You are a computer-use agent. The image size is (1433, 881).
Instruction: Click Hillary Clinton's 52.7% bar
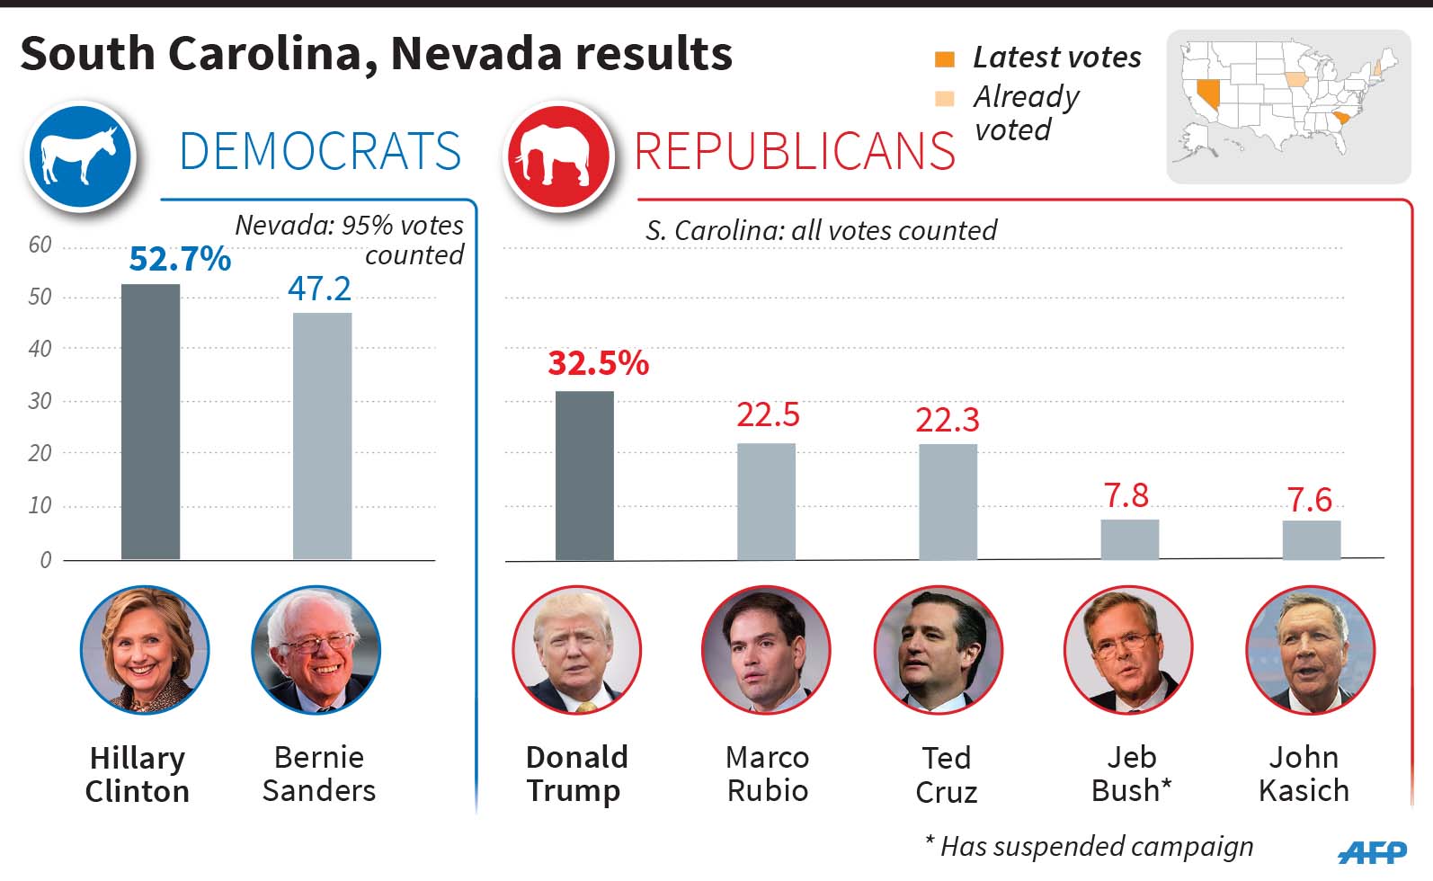coord(150,423)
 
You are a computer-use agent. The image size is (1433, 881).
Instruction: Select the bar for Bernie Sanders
coord(322,436)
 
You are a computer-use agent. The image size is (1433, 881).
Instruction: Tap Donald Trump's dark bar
coord(584,476)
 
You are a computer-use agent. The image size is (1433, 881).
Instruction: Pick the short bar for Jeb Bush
coord(1129,539)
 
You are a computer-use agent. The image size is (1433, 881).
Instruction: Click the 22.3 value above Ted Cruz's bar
coord(947,420)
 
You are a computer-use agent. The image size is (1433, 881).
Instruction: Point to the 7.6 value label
coord(1309,500)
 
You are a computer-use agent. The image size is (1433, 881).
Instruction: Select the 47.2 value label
coord(319,289)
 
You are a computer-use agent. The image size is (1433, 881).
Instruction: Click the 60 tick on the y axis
coord(40,245)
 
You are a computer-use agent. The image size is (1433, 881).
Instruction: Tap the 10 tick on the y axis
coord(40,505)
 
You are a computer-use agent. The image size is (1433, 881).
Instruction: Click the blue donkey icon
coord(81,157)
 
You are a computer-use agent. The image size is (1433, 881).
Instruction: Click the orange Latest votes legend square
coord(944,59)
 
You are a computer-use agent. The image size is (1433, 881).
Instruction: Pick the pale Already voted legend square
coord(944,99)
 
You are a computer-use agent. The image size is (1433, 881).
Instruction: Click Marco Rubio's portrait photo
coord(765,649)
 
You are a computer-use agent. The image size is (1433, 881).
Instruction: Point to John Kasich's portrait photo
coord(1310,649)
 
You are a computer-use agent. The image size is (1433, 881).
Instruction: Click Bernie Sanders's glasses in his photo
coord(315,645)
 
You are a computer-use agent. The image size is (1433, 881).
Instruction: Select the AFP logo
coord(1372,850)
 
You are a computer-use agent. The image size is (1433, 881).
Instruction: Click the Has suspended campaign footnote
coord(1090,847)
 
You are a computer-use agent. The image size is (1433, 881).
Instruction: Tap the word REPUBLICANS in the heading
coord(795,151)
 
